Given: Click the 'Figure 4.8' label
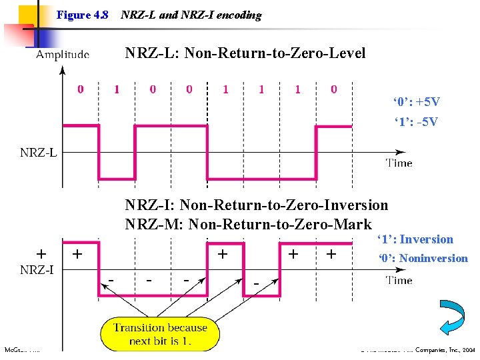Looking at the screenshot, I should click(x=82, y=15).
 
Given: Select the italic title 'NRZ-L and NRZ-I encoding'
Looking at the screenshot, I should click(x=191, y=15).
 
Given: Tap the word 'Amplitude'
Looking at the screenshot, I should click(x=63, y=55).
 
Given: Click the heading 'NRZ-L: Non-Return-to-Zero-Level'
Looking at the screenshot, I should click(x=245, y=53).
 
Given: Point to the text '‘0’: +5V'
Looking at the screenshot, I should click(x=416, y=102).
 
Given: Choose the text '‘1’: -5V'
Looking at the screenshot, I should click(x=416, y=122).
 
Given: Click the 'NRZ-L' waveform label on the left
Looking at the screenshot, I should click(x=39, y=153).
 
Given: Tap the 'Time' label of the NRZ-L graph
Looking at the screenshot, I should click(x=399, y=163).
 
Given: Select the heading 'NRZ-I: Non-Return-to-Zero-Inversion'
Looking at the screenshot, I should click(x=256, y=205).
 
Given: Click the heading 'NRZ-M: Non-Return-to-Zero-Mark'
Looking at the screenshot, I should click(x=248, y=224).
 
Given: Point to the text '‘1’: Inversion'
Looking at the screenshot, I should click(x=415, y=239).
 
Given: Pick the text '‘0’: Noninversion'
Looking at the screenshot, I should click(x=423, y=258).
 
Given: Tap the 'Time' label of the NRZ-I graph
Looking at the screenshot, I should click(x=399, y=280).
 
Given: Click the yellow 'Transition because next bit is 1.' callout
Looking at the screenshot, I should click(x=161, y=333).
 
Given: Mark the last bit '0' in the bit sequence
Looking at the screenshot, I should click(x=333, y=89).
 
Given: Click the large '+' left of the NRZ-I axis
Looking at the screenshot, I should click(x=41, y=254).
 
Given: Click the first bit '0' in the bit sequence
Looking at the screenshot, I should click(x=81, y=89).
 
